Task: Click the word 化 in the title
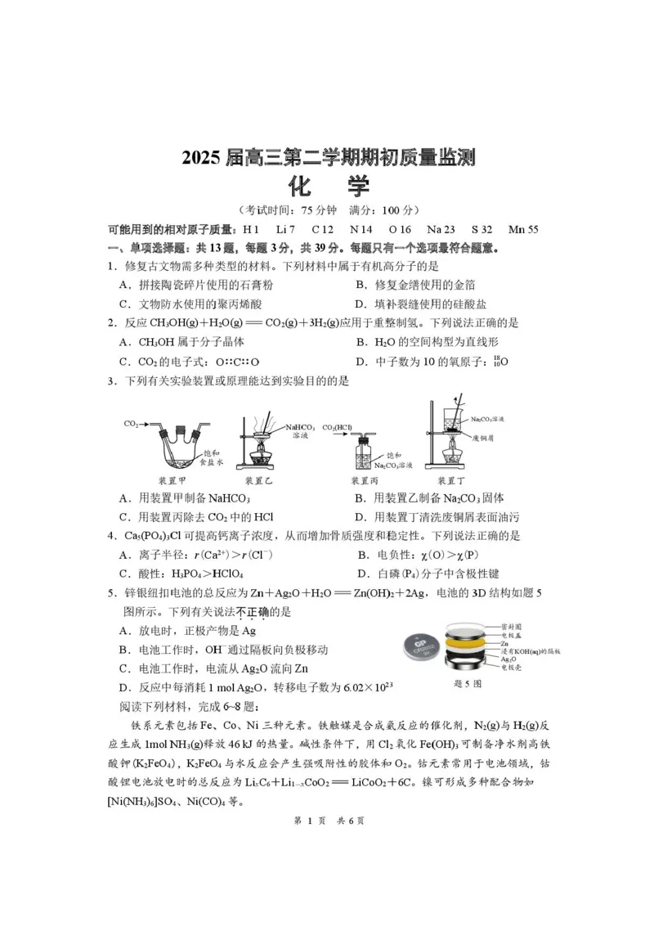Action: (297, 187)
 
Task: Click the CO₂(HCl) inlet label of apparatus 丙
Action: (337, 427)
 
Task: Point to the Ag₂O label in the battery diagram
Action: (531, 659)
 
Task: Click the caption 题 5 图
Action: (468, 682)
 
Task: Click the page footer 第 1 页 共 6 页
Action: (327, 821)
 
